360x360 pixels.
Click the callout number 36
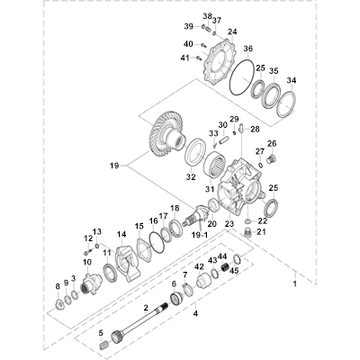tap(248, 49)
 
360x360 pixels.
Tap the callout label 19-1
tap(200, 235)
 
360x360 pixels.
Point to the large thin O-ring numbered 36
tap(243, 77)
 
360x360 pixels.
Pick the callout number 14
tap(121, 234)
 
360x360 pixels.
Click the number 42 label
tap(200, 266)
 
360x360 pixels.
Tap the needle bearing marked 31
tap(214, 165)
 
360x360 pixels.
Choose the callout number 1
tap(294, 283)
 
